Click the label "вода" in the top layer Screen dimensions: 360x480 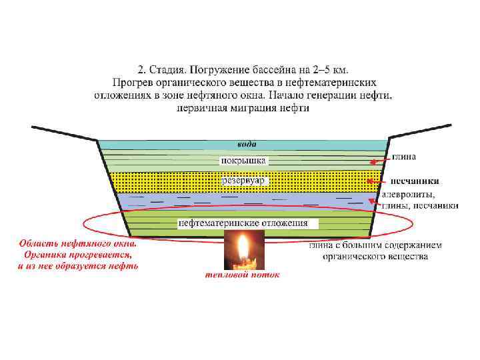pyautogui.click(x=246, y=144)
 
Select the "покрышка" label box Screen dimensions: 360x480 pyautogui.click(x=243, y=161)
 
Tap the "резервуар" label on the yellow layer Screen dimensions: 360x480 pyautogui.click(x=243, y=180)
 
